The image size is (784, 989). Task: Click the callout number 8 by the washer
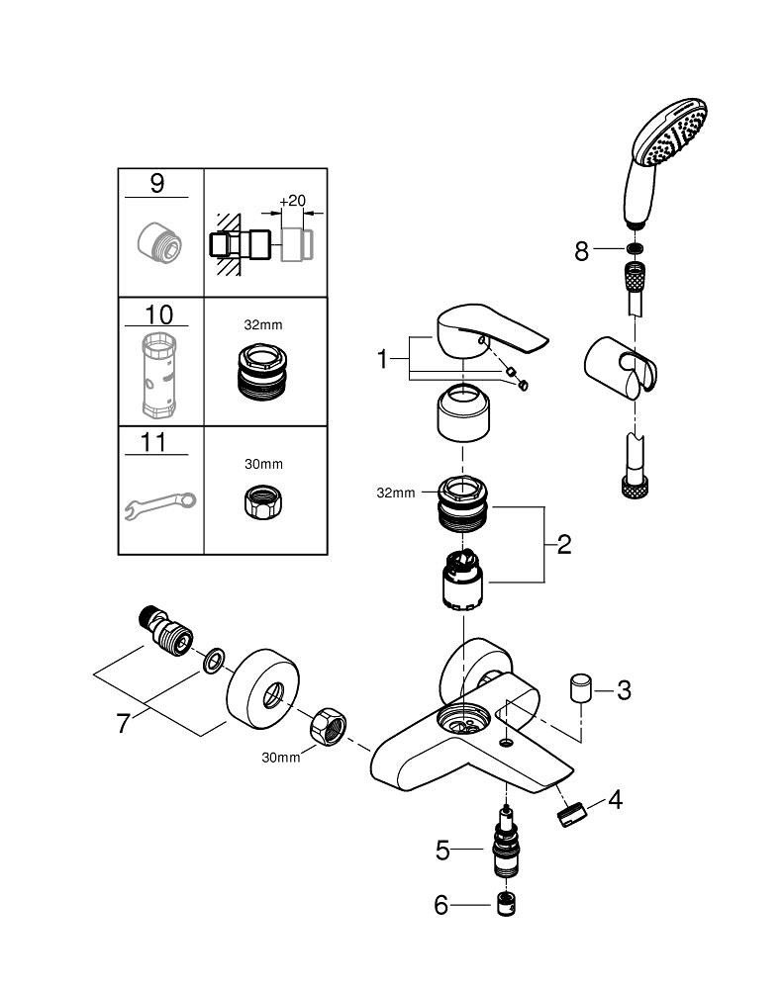(582, 251)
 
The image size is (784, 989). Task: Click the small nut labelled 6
(508, 903)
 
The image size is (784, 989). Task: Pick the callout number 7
(123, 723)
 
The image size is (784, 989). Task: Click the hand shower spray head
(673, 138)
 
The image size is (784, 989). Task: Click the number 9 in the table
(158, 184)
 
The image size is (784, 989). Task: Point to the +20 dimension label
(292, 201)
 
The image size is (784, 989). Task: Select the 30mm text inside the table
(263, 464)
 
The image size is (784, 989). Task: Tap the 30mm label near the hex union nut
(280, 758)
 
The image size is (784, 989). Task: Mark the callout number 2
(563, 544)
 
